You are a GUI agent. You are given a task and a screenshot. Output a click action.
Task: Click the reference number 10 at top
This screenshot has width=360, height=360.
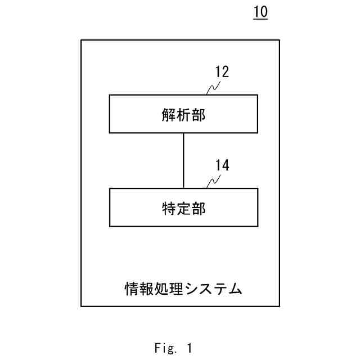pyautogui.click(x=260, y=12)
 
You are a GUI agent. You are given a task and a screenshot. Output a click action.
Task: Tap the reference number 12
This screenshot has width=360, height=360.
pyautogui.click(x=222, y=72)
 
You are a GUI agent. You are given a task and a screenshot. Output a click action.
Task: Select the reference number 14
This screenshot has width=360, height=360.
pyautogui.click(x=222, y=165)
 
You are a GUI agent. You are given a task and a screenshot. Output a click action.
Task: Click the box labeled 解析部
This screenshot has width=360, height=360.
pyautogui.click(x=183, y=114)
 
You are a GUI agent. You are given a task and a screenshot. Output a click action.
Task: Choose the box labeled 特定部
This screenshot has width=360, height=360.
pyautogui.click(x=183, y=208)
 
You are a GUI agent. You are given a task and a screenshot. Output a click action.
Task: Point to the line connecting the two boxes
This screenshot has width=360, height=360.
pyautogui.click(x=183, y=160)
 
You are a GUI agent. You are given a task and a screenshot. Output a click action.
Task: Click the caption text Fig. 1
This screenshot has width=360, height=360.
pyautogui.click(x=173, y=349)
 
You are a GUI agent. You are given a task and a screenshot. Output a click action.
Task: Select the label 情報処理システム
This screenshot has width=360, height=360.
pyautogui.click(x=183, y=289)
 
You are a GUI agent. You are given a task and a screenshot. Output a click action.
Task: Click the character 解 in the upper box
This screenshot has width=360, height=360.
pyautogui.click(x=168, y=115)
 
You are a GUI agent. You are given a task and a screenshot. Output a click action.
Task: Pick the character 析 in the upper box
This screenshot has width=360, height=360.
pyautogui.click(x=183, y=115)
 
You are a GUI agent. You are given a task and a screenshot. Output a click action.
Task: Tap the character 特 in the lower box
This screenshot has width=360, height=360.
pyautogui.click(x=168, y=208)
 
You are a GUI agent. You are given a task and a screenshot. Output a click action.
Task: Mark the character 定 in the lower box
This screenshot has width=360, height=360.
pyautogui.click(x=183, y=208)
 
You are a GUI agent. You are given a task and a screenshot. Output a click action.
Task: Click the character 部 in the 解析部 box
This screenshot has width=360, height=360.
pyautogui.click(x=199, y=115)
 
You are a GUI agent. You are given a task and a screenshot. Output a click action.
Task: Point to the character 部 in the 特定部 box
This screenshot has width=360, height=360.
pyautogui.click(x=199, y=208)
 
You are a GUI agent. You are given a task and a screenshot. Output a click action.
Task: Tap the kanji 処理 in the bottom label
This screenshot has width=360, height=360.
pyautogui.click(x=169, y=289)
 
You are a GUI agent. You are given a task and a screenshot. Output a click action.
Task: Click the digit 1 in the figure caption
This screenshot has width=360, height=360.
pyautogui.click(x=190, y=349)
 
